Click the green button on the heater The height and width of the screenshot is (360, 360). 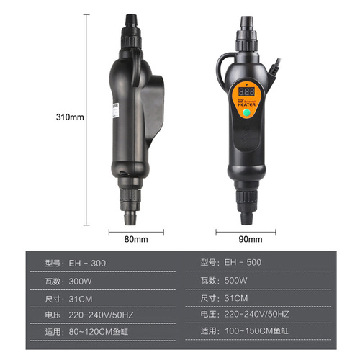click(x=248, y=112)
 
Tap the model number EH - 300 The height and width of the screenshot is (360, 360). click(x=86, y=264)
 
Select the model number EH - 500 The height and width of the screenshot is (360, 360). click(x=236, y=264)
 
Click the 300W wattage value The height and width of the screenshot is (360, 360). click(x=81, y=281)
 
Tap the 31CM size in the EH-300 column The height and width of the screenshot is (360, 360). click(x=81, y=298)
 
